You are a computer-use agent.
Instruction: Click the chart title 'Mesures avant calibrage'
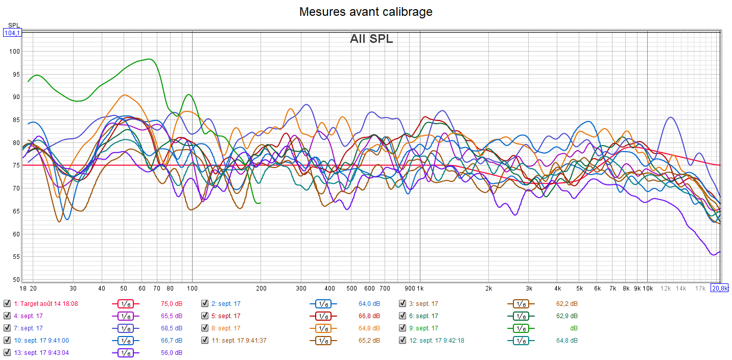(x=366, y=11)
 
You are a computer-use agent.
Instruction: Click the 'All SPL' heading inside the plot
(x=371, y=38)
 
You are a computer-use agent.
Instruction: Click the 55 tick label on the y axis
(x=16, y=257)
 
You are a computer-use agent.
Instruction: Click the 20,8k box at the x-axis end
(x=720, y=289)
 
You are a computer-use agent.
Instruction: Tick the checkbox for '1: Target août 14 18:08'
(x=7, y=304)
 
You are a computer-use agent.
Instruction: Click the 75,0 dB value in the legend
(x=171, y=304)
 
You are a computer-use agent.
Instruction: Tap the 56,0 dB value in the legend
(x=171, y=353)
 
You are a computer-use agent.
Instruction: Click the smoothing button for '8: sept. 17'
(x=323, y=328)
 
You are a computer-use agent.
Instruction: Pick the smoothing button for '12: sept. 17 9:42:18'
(x=521, y=341)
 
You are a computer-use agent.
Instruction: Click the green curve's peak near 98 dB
(x=148, y=59)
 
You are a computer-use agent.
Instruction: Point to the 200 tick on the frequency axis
(x=261, y=289)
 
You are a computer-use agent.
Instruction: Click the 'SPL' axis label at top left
(x=13, y=26)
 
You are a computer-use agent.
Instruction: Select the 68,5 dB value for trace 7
(x=171, y=328)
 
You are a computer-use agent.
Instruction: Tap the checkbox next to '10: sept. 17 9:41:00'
(x=7, y=341)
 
